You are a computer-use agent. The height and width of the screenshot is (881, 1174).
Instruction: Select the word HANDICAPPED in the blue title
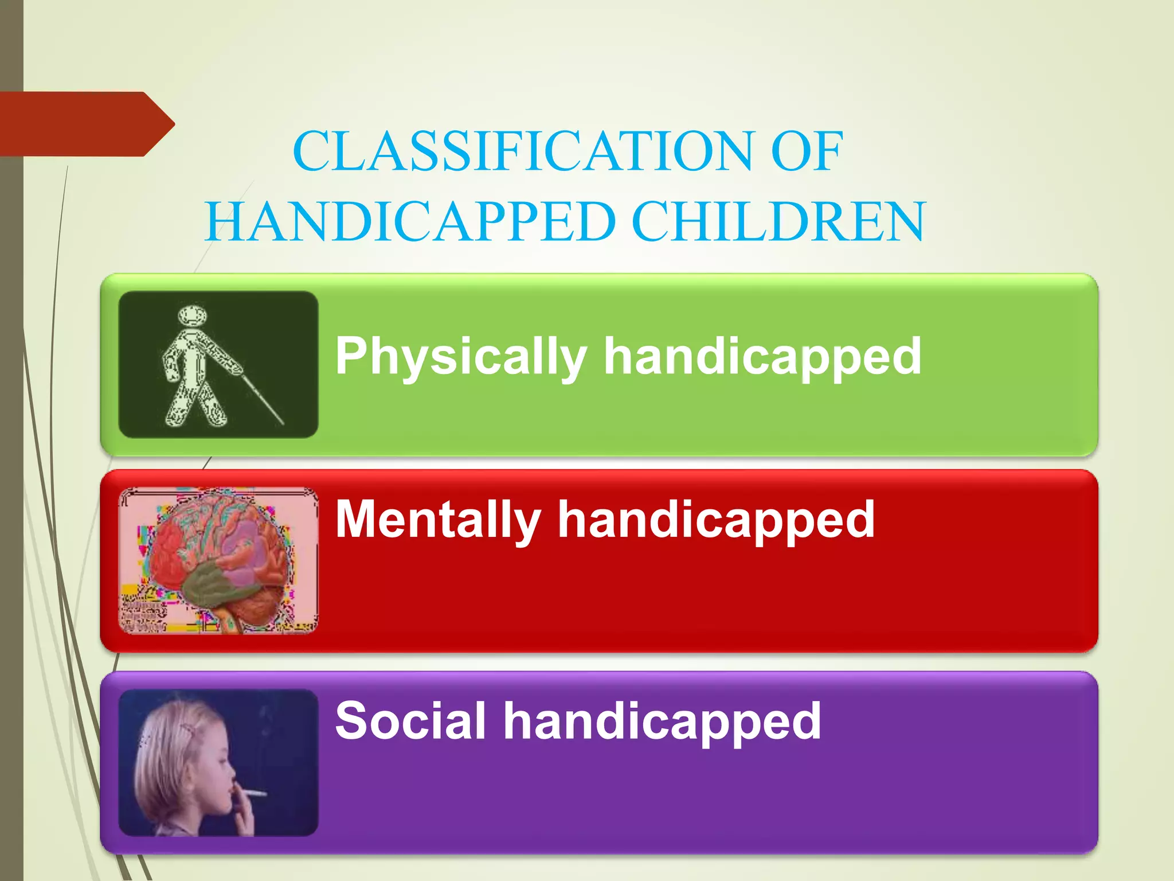pyautogui.click(x=410, y=222)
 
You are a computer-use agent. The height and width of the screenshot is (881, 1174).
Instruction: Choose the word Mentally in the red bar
pyautogui.click(x=438, y=520)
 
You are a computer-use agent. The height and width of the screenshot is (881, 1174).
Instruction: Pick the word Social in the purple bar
pyautogui.click(x=410, y=721)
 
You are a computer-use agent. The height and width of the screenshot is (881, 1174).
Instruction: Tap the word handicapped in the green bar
pyautogui.click(x=762, y=357)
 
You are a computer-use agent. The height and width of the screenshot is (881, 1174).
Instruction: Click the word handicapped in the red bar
pyautogui.click(x=716, y=520)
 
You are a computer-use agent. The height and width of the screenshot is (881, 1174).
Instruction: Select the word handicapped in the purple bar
pyautogui.click(x=662, y=721)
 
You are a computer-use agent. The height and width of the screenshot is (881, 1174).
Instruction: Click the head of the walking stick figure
pyautogui.click(x=192, y=316)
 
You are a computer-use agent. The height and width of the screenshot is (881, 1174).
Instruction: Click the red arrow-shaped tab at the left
pyautogui.click(x=80, y=124)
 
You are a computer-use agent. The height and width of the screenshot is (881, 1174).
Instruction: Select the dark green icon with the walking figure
pyautogui.click(x=218, y=364)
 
